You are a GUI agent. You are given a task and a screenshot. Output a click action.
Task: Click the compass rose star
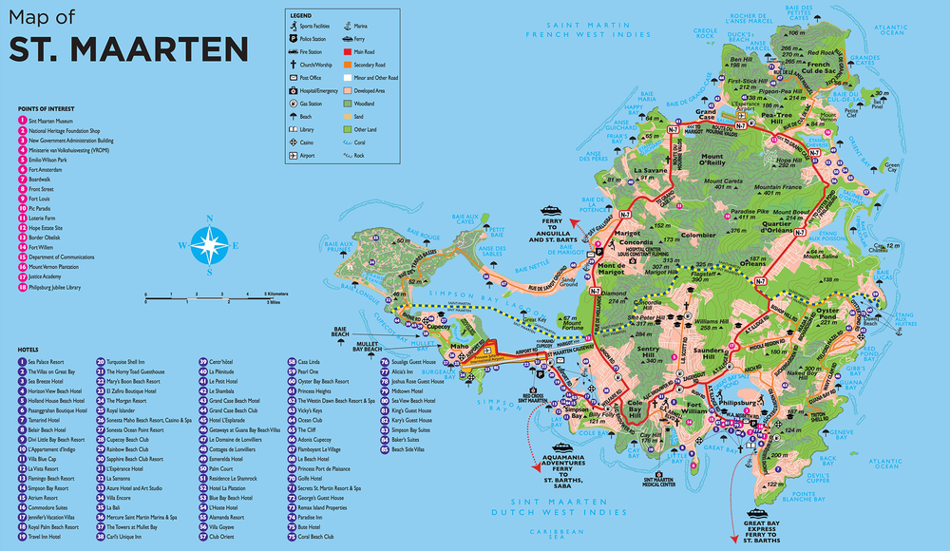(x=208, y=244)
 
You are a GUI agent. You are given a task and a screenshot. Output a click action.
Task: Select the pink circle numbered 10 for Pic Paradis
(x=22, y=207)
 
